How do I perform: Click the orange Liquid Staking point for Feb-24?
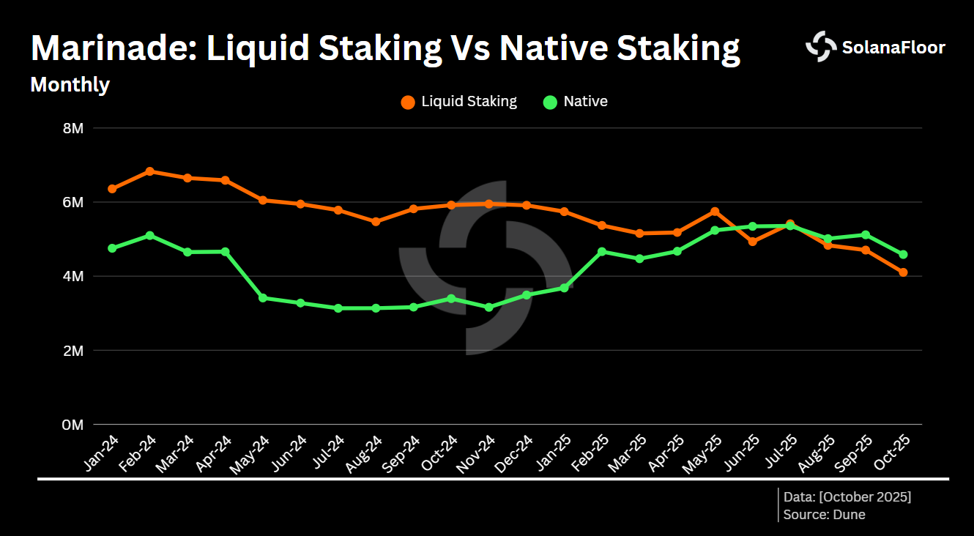point(149,171)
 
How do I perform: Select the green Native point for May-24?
point(263,298)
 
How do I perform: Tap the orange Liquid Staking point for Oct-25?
point(903,272)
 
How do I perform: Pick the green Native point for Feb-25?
point(602,252)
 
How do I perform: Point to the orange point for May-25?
point(715,212)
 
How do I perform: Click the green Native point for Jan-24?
point(112,248)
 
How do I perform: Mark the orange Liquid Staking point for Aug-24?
point(376,222)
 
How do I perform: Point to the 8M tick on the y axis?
point(73,128)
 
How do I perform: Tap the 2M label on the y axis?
point(73,351)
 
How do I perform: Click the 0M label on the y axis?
point(73,425)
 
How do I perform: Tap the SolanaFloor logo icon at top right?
point(820,47)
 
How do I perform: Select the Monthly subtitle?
point(70,85)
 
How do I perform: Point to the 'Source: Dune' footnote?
point(824,515)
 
